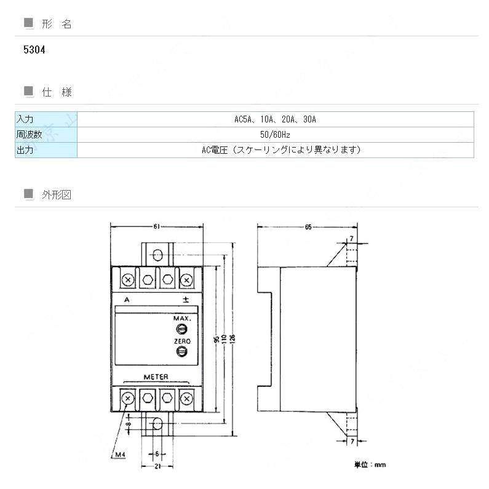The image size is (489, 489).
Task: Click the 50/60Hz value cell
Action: point(275,135)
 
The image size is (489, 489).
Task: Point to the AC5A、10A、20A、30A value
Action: point(275,119)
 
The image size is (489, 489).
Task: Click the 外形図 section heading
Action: point(57,195)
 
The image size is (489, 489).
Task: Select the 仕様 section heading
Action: point(57,92)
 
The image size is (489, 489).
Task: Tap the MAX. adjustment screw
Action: point(182,330)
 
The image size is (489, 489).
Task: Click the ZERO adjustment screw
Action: point(182,351)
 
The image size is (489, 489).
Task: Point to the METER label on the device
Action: point(156,377)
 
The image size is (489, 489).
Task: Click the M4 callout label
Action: point(121,456)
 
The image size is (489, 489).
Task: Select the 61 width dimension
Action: point(157,227)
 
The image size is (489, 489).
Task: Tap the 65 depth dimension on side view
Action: point(308,227)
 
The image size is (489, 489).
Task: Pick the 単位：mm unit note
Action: point(370,465)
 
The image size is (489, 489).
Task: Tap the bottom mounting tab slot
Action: point(157,424)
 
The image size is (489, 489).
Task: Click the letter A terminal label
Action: point(126,300)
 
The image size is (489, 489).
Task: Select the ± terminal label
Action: point(186,300)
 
